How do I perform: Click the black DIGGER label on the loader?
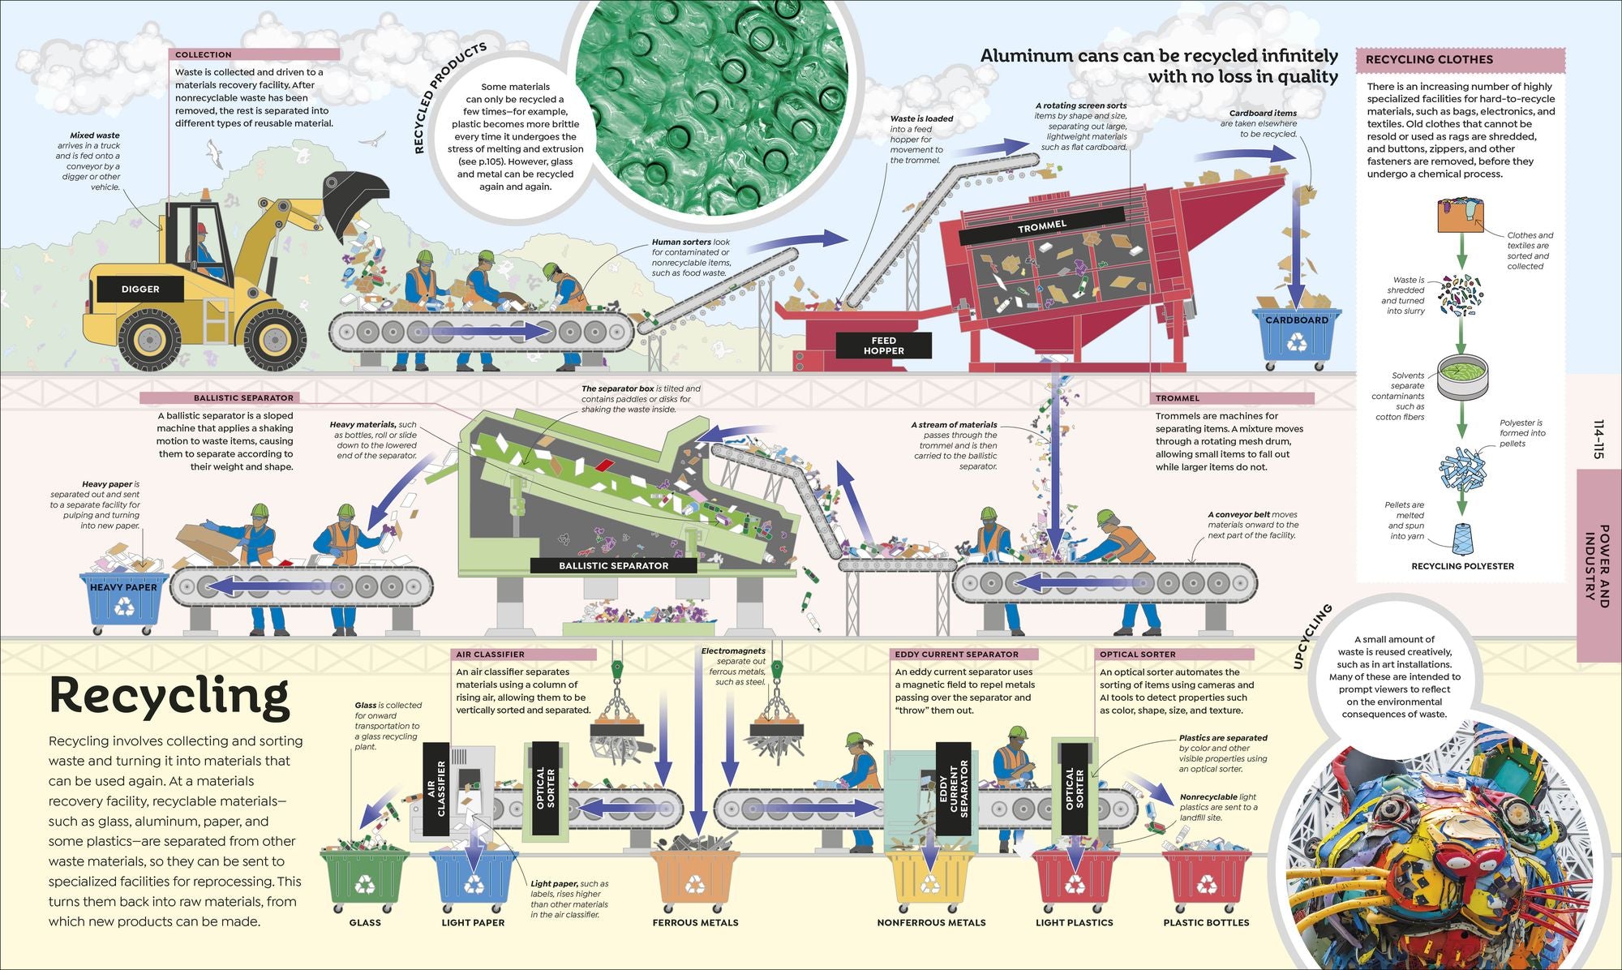(140, 289)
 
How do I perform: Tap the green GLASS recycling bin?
(364, 881)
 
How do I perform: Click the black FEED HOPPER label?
(883, 346)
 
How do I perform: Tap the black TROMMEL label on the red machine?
(1042, 226)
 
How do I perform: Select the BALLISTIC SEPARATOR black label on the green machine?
(613, 565)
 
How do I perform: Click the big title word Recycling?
(169, 697)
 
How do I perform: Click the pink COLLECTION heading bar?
(254, 54)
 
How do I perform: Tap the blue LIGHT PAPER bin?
(474, 881)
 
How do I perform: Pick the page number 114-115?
(1598, 440)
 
